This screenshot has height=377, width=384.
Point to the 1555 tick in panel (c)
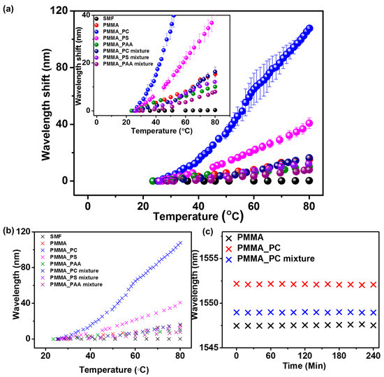(x=219, y=258)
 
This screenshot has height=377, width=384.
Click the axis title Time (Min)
(x=306, y=367)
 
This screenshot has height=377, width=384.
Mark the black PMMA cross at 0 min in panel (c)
(x=237, y=325)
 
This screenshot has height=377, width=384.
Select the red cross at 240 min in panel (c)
(x=374, y=285)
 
